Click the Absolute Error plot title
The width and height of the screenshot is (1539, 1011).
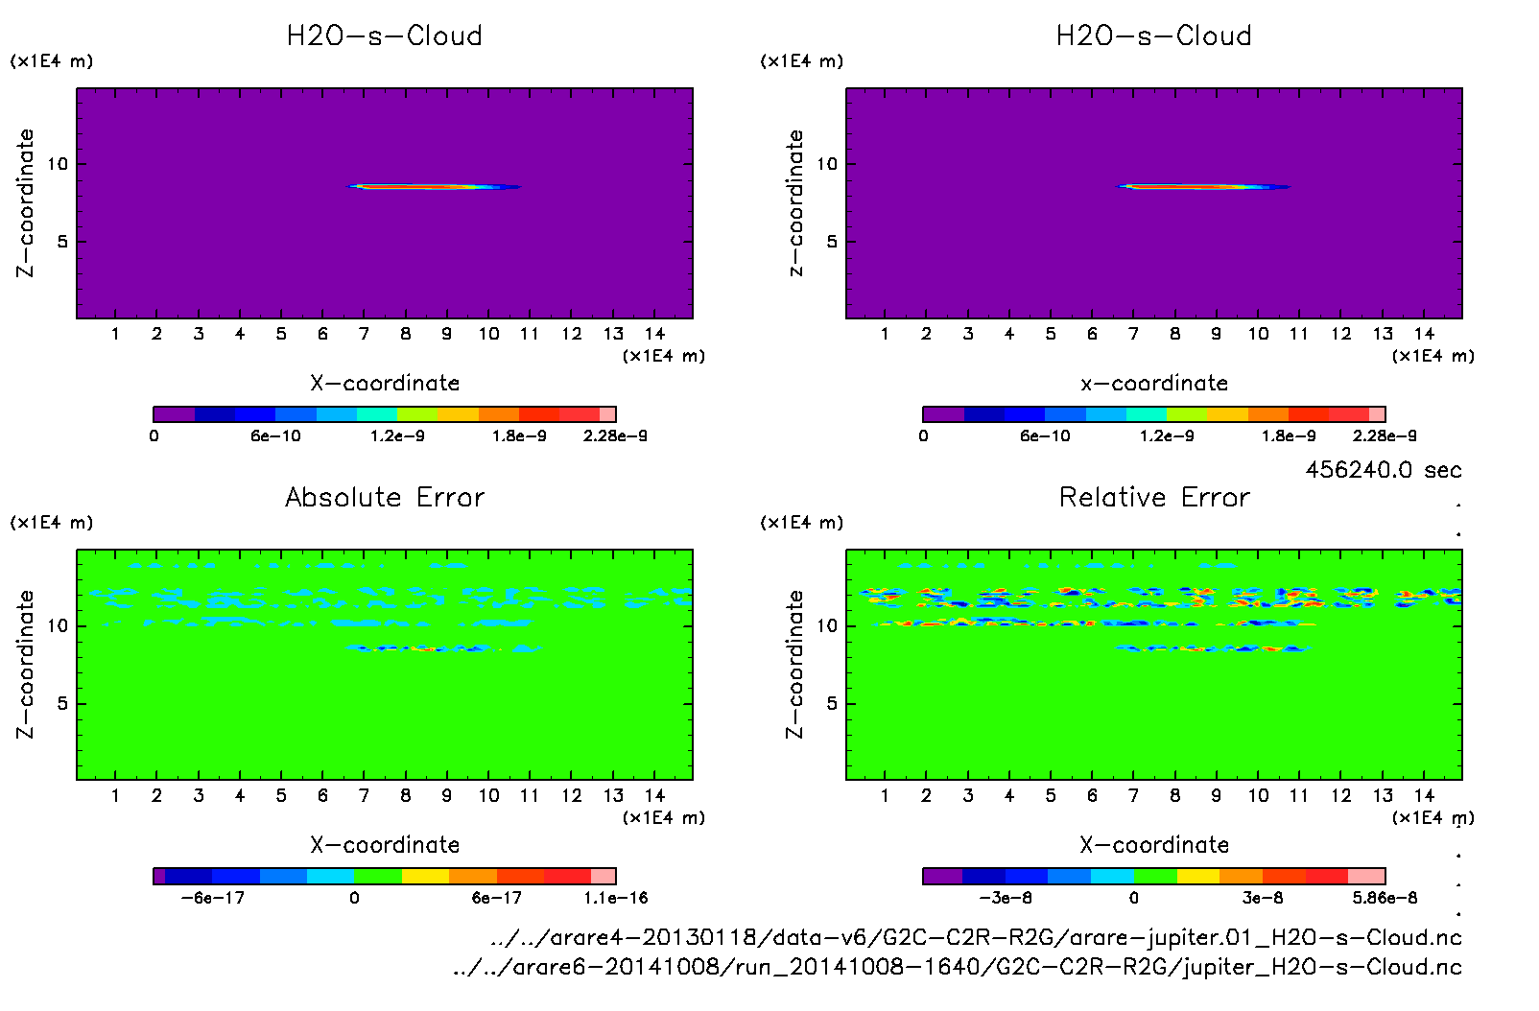point(385,497)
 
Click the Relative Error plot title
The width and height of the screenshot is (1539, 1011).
point(1154,497)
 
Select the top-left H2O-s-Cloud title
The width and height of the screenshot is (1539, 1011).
point(385,36)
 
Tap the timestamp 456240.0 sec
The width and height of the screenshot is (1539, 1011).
point(1383,470)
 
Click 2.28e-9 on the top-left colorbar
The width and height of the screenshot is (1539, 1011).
point(615,436)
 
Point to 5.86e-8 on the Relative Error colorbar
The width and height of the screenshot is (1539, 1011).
point(1385,898)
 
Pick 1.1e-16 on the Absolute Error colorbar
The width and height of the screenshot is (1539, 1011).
point(615,898)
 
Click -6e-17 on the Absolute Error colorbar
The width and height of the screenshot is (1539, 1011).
point(213,898)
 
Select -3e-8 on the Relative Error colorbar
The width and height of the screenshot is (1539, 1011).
point(1005,898)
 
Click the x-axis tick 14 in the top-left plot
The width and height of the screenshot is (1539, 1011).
point(654,334)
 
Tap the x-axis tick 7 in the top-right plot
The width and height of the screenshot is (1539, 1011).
point(1133,334)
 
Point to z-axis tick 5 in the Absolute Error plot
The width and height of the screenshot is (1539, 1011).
point(62,703)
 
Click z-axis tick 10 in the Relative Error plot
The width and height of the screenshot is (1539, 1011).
point(827,625)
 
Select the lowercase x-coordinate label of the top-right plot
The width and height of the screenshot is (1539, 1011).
point(1154,384)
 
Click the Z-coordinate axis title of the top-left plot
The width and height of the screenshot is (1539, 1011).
point(26,203)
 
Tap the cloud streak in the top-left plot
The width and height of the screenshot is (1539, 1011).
point(432,186)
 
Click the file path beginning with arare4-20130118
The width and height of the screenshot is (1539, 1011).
point(976,937)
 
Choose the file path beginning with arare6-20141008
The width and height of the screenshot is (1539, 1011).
point(957,967)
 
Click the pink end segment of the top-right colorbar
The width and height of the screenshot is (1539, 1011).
point(1377,414)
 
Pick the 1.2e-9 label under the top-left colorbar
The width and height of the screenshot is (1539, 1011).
point(397,436)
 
